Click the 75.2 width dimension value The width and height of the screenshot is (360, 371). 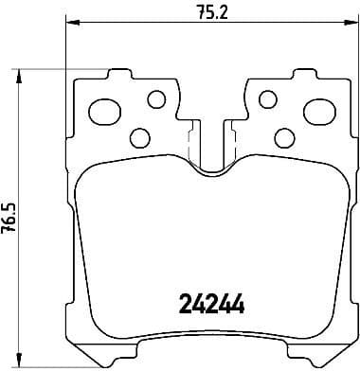click(203, 12)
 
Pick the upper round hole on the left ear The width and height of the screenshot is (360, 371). click(156, 97)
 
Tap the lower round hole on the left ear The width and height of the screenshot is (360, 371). click(137, 138)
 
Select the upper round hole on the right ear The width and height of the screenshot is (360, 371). click(269, 98)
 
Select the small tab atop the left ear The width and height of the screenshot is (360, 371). click(119, 73)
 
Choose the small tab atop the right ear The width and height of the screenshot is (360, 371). click(302, 73)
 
